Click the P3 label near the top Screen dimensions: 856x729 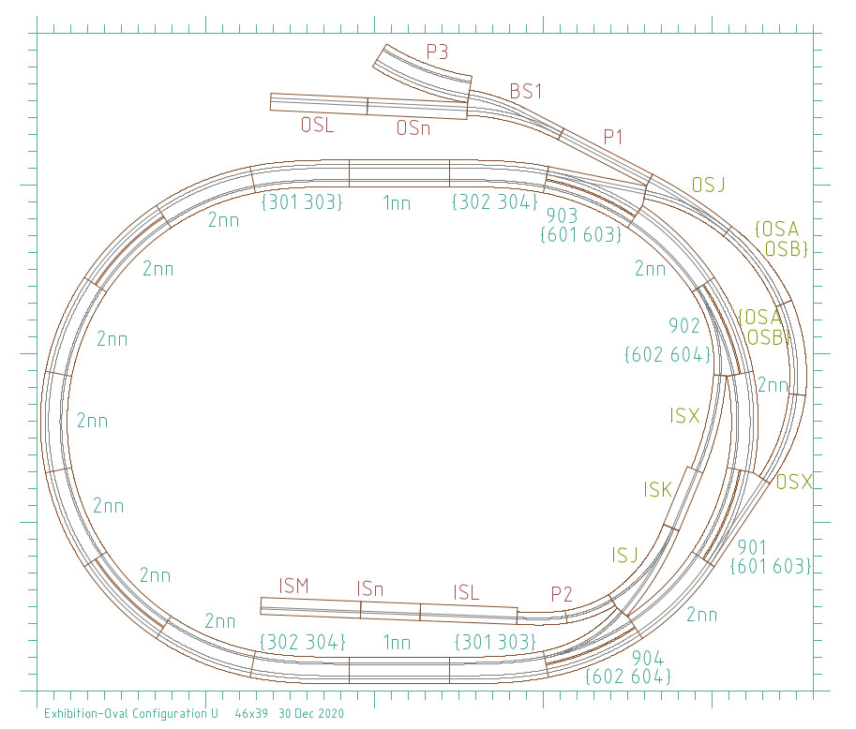pos(437,52)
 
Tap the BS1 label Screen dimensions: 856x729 pos(526,91)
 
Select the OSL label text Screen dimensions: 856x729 pos(317,125)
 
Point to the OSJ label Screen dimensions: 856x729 pos(708,185)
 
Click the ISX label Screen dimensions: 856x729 pos(684,416)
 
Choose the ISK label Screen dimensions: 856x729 pos(658,489)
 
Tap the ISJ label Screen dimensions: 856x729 pos(625,556)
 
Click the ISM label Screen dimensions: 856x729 pos(293,586)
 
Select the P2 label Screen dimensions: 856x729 pos(562,594)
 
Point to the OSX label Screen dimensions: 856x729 pos(794,482)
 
